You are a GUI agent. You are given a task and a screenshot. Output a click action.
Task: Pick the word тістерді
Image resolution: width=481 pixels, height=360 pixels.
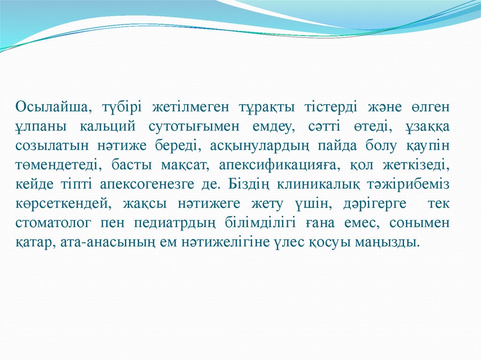tap(322, 107)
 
